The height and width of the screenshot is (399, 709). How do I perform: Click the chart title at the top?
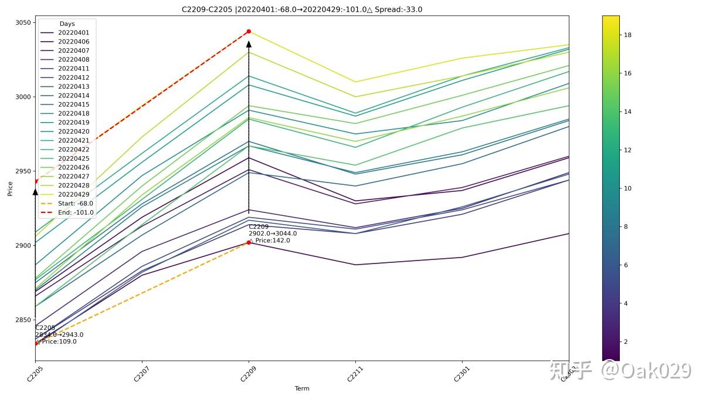pos(302,9)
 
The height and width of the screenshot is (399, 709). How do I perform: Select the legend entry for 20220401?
pos(73,33)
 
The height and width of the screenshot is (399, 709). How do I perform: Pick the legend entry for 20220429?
pos(73,194)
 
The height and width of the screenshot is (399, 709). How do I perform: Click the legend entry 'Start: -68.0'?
pos(75,204)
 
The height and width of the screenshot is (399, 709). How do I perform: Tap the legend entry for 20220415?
pos(73,104)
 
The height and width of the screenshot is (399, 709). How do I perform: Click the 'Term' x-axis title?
pos(302,388)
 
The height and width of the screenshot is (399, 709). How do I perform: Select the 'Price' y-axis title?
pos(10,188)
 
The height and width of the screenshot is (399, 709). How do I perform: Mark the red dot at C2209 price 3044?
pos(249,31)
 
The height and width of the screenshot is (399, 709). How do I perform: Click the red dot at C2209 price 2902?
pos(249,242)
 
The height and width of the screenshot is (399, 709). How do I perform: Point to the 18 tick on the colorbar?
pos(627,35)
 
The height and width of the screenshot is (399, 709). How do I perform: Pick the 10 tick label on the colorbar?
pos(627,188)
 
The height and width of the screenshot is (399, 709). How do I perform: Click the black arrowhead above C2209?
pos(249,44)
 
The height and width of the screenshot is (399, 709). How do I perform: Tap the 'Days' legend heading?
pos(67,24)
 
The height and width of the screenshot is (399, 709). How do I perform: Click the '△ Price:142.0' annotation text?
pos(270,241)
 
